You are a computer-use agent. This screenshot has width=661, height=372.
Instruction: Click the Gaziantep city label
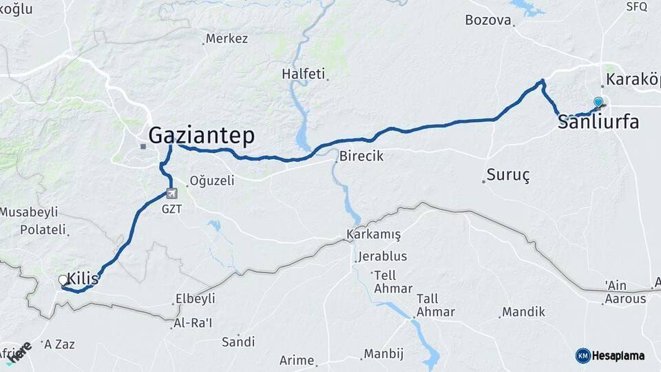tap(201, 135)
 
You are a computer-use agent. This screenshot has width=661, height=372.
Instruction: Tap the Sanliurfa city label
tap(598, 123)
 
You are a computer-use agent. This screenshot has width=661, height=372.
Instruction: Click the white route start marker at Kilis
tap(63, 280)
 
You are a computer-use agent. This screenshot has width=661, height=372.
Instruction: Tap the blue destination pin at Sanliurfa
tap(598, 103)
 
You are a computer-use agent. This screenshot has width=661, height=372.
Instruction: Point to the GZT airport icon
tap(171, 194)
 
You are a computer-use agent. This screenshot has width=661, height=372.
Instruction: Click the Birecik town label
tap(361, 156)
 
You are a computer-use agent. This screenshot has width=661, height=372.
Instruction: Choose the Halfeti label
tap(304, 74)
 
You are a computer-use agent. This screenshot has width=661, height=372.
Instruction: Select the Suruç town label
tap(508, 175)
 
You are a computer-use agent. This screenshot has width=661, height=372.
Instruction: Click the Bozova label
tap(489, 20)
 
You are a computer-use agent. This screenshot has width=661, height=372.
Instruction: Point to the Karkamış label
tap(374, 234)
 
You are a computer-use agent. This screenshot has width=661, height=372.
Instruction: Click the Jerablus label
tap(382, 256)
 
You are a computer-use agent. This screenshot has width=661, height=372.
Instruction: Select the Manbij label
tap(383, 354)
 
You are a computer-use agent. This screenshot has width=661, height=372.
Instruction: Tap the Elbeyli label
tap(196, 298)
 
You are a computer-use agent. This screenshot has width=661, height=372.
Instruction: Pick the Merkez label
tap(227, 39)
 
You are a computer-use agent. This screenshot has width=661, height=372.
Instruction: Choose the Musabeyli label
tap(29, 212)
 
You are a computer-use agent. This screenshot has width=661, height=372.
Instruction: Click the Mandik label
tap(523, 312)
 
